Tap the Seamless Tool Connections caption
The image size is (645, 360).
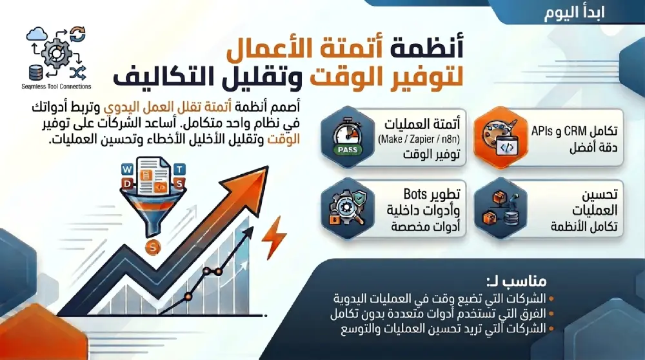pyautogui.click(x=56, y=86)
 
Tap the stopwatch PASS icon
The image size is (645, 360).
pyautogui.click(x=348, y=137)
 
